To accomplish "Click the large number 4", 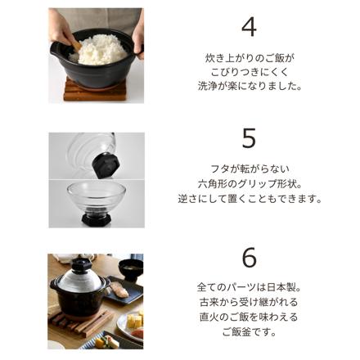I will (x=249, y=26).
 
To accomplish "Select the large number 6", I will (x=249, y=257).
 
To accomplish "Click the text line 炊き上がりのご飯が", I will (x=249, y=58).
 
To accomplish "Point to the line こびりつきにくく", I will (x=249, y=72).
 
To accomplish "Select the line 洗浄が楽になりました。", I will (x=249, y=86).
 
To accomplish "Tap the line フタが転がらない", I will (x=249, y=170).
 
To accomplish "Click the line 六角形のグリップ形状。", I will (x=249, y=184).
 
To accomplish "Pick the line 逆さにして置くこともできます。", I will (x=249, y=199).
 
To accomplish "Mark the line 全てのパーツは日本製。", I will (x=249, y=288).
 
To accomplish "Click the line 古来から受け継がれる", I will (x=249, y=302).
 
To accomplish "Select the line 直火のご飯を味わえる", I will (x=249, y=317).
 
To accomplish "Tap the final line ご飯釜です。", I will (x=249, y=331).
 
